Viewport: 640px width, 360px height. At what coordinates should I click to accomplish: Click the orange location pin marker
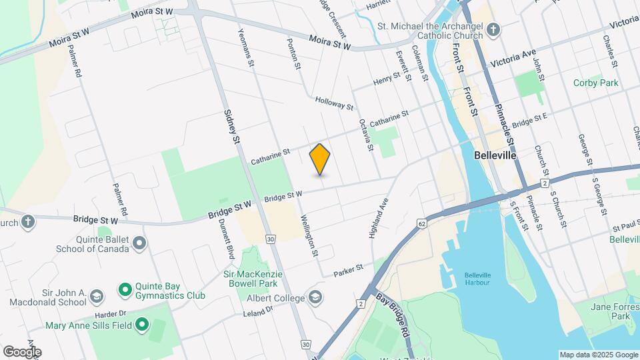point(320,159)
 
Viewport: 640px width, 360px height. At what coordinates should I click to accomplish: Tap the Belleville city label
point(495,155)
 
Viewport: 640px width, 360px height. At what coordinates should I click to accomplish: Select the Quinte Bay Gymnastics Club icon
point(124,289)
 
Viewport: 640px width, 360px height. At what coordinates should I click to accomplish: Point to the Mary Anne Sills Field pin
point(141,325)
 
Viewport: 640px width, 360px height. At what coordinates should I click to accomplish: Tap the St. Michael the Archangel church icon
point(493,29)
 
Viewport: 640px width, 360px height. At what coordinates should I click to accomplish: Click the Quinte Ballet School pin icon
point(139,243)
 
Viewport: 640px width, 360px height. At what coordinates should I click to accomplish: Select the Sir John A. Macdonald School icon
point(97,295)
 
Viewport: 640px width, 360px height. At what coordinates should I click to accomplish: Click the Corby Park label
point(595,83)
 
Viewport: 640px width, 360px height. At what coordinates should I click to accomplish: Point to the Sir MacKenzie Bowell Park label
point(253,279)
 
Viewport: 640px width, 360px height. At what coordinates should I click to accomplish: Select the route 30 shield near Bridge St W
point(270,238)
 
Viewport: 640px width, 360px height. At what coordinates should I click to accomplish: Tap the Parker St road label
point(349,269)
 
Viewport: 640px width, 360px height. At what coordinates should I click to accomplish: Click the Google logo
point(22,351)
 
